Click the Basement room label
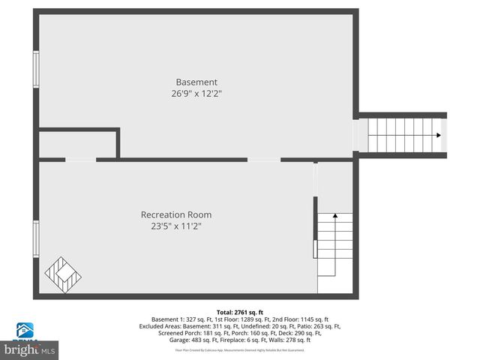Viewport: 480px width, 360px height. pyautogui.click(x=196, y=82)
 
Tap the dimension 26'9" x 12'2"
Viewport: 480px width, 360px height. pyautogui.click(x=196, y=94)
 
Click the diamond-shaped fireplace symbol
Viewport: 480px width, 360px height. pyautogui.click(x=63, y=274)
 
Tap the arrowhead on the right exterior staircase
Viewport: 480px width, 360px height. pyautogui.click(x=437, y=136)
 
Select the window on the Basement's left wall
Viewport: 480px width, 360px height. pyautogui.click(x=35, y=69)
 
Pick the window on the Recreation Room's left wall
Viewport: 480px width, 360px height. pyautogui.click(x=35, y=239)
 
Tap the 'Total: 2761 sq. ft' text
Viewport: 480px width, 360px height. pyautogui.click(x=240, y=312)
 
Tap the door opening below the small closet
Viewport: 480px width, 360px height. pyautogui.click(x=80, y=159)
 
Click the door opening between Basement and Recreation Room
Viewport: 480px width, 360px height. pyautogui.click(x=264, y=159)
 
